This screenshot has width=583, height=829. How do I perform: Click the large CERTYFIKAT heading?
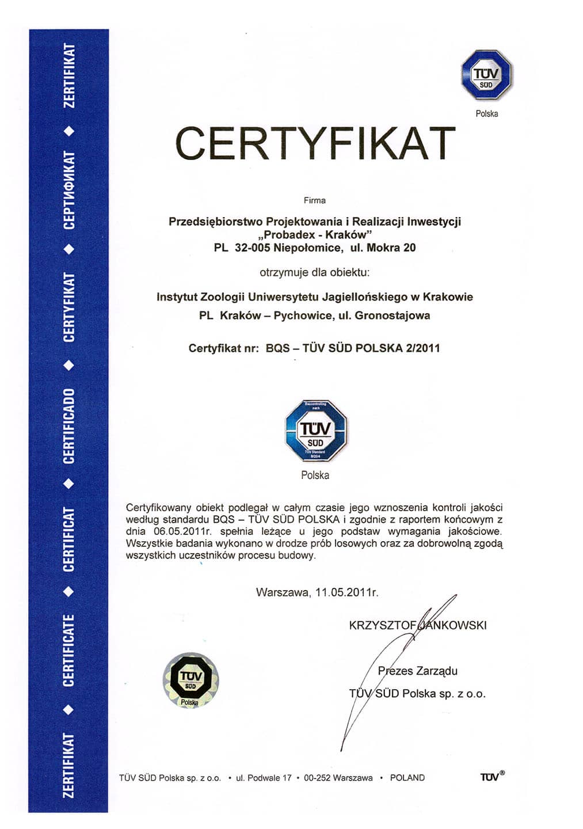[x=315, y=143]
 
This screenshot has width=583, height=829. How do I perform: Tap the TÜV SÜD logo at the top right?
[x=486, y=75]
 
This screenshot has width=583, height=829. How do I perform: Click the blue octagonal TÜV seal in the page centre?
[x=315, y=432]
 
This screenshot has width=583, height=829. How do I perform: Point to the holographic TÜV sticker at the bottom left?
[x=190, y=680]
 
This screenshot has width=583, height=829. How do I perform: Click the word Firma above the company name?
[x=315, y=200]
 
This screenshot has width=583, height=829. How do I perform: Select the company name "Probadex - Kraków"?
[x=315, y=234]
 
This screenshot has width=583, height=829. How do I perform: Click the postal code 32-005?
[x=252, y=248]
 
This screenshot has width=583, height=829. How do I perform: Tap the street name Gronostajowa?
[x=393, y=315]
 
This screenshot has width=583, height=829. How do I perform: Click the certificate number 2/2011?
[x=422, y=348]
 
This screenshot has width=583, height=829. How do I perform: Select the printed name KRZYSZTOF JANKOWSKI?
[x=417, y=625]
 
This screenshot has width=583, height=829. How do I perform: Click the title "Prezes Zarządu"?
[x=417, y=671]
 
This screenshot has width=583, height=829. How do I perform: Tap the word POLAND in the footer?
[x=407, y=778]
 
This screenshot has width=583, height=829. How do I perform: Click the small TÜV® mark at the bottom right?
[x=492, y=777]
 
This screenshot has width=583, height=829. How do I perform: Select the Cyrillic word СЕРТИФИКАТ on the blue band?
[x=68, y=191]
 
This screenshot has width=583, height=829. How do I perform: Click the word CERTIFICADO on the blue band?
[x=68, y=426]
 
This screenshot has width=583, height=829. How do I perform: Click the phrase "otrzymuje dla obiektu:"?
[x=315, y=272]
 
